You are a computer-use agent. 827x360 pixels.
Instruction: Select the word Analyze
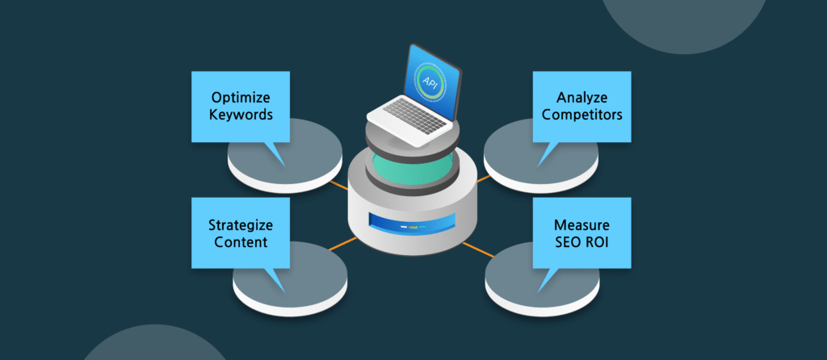point(581,98)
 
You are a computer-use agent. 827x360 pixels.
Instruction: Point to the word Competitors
point(581,115)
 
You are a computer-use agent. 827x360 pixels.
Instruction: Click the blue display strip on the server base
point(413,220)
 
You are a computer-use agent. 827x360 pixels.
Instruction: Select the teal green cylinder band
point(413,167)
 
